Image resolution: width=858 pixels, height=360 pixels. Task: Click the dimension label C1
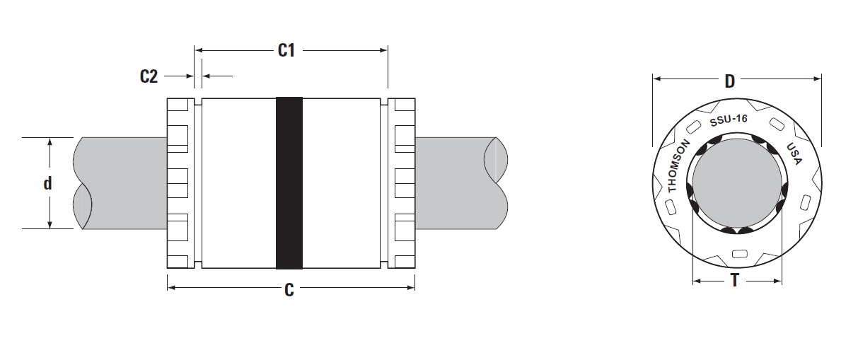click(286, 50)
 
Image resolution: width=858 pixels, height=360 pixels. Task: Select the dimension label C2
click(148, 76)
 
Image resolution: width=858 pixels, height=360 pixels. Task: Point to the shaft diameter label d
click(48, 184)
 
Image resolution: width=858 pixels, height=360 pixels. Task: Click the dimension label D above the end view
click(729, 81)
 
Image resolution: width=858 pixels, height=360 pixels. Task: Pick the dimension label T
click(735, 281)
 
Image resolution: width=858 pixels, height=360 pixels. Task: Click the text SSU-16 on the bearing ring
click(728, 120)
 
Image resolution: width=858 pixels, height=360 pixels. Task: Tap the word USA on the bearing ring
click(794, 154)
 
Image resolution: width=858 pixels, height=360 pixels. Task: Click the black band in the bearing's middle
click(289, 182)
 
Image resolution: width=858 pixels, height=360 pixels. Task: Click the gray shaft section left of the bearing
click(120, 182)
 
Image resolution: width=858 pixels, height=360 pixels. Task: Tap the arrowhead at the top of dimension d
click(50, 141)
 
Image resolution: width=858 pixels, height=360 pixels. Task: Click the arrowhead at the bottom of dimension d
click(50, 224)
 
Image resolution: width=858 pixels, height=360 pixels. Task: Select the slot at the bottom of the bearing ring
click(738, 254)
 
